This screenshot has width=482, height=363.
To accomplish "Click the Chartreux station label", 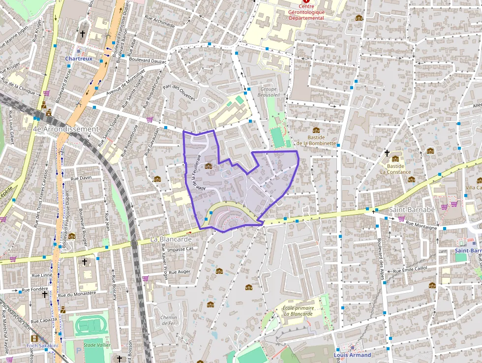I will pos(79,58).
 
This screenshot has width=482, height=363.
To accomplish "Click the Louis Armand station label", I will pos(352,355).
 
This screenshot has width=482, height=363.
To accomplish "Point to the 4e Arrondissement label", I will pos(65,129).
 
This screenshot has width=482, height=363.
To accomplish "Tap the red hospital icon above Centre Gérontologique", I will pos(307,2).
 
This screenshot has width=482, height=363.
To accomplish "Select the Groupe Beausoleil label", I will pos(269,92).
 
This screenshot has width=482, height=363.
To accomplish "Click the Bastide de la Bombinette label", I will pos(316,140).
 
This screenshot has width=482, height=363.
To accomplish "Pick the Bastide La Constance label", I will pos(395,169).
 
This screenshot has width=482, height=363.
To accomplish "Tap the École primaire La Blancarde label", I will pos(298,311).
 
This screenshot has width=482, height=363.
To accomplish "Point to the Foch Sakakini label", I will pos(42,345).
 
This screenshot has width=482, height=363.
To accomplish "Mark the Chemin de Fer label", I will pos(168,320).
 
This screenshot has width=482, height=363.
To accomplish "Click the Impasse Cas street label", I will pos(181,249).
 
